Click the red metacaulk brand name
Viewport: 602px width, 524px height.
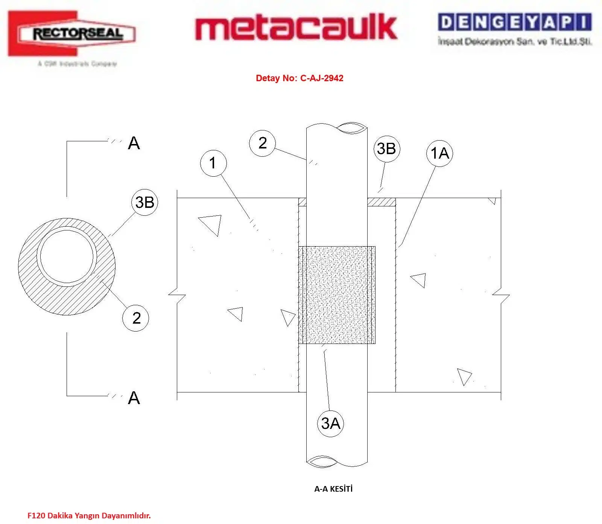[296, 27]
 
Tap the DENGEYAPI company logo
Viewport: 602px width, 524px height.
[515, 29]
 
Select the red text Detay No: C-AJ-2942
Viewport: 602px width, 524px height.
[299, 78]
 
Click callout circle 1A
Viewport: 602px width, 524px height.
[439, 153]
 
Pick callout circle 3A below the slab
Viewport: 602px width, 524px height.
[330, 424]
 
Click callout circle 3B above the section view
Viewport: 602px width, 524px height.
[386, 148]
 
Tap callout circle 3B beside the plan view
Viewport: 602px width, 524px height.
[144, 202]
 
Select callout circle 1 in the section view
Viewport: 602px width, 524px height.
[213, 163]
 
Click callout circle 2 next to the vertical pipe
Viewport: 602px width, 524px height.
[263, 143]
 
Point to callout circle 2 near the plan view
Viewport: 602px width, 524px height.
[136, 318]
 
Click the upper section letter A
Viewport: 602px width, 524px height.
[134, 143]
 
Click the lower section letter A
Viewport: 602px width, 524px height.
[134, 398]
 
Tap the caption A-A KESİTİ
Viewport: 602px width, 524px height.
[333, 489]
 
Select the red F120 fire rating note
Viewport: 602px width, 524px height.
[89, 516]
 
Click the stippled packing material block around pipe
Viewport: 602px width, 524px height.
[337, 295]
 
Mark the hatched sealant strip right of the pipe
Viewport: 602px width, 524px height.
[381, 202]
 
